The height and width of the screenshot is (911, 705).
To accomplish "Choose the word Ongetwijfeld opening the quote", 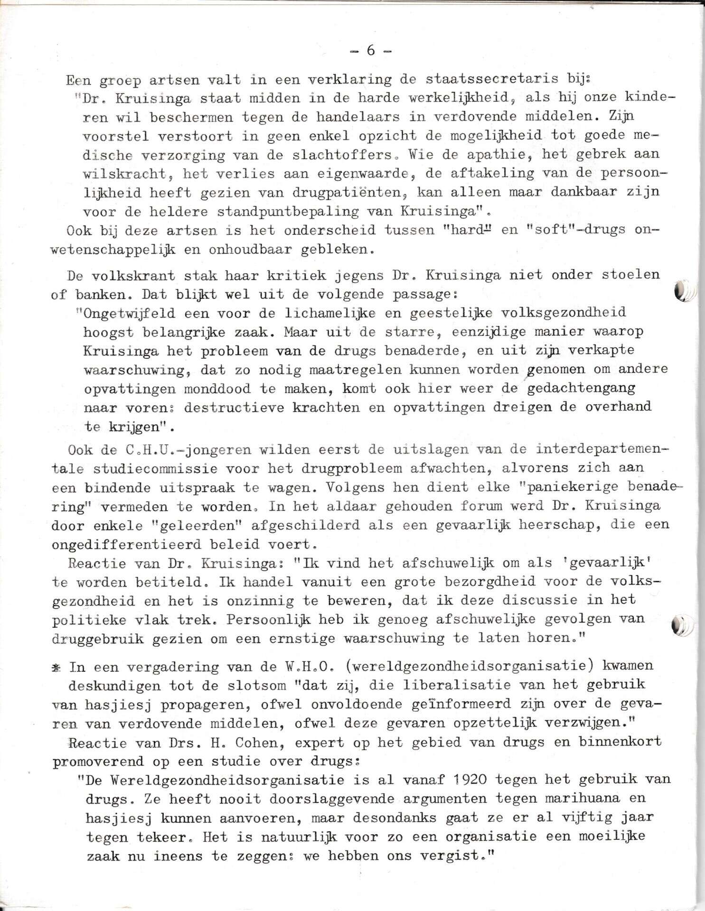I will coord(123,313).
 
